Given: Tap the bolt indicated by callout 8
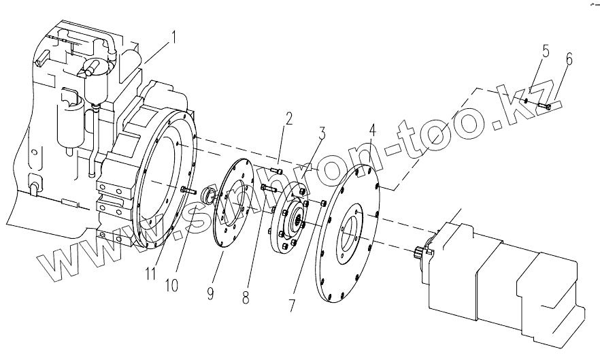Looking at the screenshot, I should point(267,187).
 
